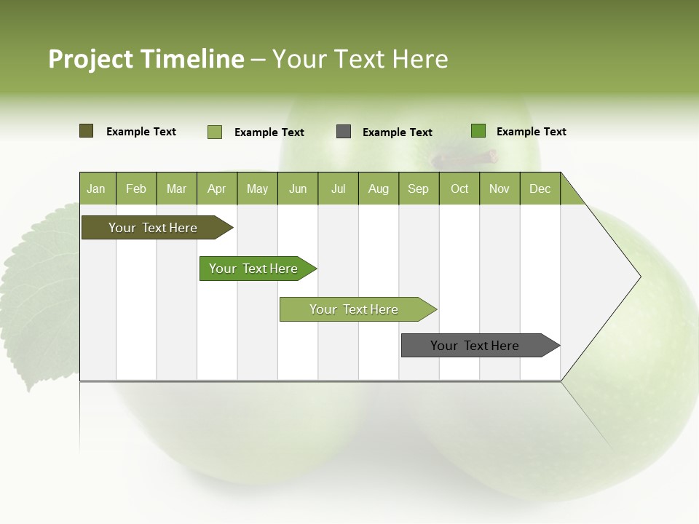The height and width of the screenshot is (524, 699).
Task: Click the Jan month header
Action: point(96,189)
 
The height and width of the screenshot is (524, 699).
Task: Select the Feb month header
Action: point(136,189)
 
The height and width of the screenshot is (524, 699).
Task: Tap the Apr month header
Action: point(216,189)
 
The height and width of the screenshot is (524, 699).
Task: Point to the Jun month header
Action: point(298,189)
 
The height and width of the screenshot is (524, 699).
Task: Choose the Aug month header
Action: point(378,189)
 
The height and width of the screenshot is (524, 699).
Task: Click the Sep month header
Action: point(418,189)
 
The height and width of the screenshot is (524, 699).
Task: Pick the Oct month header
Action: point(459,189)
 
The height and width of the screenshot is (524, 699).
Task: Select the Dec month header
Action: point(540,189)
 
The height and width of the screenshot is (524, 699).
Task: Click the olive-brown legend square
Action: point(86,131)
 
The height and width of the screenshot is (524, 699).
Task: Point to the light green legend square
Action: point(215,132)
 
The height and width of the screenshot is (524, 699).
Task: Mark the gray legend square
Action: point(344,132)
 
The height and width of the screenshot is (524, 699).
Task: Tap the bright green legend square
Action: point(478,131)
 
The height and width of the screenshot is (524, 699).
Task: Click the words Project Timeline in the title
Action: point(146,59)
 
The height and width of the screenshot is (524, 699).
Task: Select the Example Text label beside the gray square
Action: point(397,132)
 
